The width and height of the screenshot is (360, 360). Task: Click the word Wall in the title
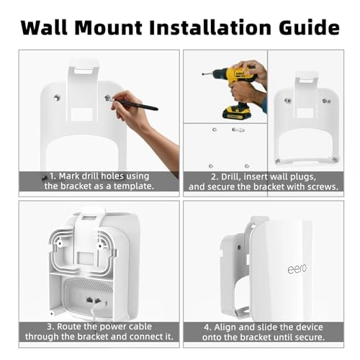(x=44, y=27)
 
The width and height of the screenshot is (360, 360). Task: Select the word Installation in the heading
(x=210, y=27)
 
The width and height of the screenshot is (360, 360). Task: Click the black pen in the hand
(x=135, y=104)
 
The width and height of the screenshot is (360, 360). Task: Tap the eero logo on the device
(x=297, y=269)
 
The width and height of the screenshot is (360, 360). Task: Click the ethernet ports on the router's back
(x=94, y=300)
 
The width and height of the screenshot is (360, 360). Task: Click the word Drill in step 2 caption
(x=230, y=177)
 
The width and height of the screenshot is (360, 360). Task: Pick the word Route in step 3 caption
(x=68, y=327)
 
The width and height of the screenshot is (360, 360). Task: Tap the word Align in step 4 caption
(x=225, y=328)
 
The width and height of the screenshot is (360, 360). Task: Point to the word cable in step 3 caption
(x=140, y=327)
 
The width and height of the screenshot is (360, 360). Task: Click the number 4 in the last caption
(x=207, y=328)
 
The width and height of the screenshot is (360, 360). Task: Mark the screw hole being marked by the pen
(x=107, y=98)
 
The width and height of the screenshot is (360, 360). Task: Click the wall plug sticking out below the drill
(x=238, y=130)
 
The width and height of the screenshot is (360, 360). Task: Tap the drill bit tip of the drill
(x=203, y=73)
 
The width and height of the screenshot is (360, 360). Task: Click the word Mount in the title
(x=108, y=27)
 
